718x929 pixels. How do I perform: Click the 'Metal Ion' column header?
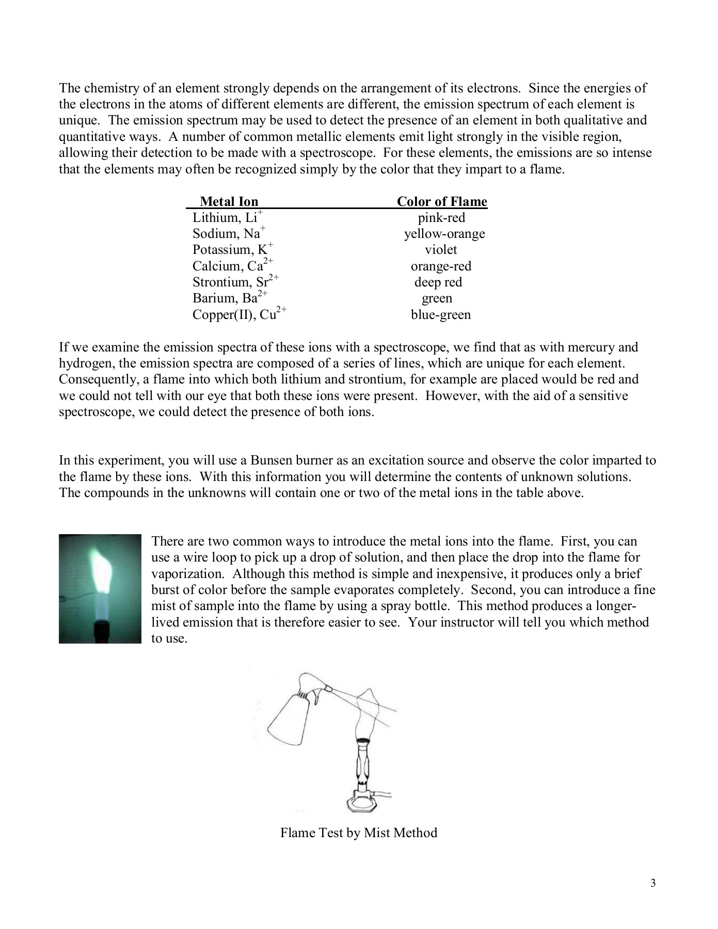(x=229, y=201)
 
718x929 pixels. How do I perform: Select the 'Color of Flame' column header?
(x=442, y=201)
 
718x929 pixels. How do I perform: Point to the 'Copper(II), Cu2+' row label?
(x=239, y=314)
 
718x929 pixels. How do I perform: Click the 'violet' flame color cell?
(x=441, y=250)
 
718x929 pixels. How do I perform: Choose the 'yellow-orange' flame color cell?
(x=444, y=234)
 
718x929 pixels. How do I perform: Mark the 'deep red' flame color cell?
(x=438, y=282)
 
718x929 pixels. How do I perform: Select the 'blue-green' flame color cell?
(x=441, y=314)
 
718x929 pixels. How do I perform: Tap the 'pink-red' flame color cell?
(x=441, y=217)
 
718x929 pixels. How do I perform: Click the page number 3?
(x=653, y=883)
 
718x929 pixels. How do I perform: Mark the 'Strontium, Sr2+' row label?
(x=235, y=282)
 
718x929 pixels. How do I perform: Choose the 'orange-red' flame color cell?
(x=441, y=266)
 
